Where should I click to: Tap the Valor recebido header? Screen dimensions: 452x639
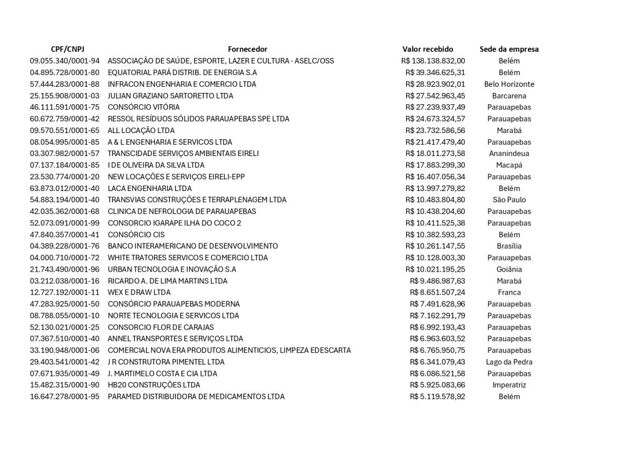[427, 49]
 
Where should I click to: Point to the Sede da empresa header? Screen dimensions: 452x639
[509, 49]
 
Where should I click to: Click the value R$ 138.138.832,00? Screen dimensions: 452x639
[432, 61]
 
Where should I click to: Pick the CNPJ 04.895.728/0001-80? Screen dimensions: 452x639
[64, 72]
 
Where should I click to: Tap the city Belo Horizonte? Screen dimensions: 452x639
[509, 84]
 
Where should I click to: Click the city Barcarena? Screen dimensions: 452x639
[509, 96]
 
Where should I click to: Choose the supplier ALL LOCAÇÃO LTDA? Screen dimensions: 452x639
[141, 130]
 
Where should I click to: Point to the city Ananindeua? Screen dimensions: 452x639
[509, 154]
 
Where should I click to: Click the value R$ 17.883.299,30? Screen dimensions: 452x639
[435, 165]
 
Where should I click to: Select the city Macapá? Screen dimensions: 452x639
[509, 165]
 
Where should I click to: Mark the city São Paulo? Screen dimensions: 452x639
[509, 200]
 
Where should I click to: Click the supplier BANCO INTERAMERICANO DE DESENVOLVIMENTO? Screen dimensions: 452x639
[193, 246]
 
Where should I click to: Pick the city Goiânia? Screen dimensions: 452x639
[509, 269]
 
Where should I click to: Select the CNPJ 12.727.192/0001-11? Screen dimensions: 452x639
[64, 292]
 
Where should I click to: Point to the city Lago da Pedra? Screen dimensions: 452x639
[509, 362]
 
